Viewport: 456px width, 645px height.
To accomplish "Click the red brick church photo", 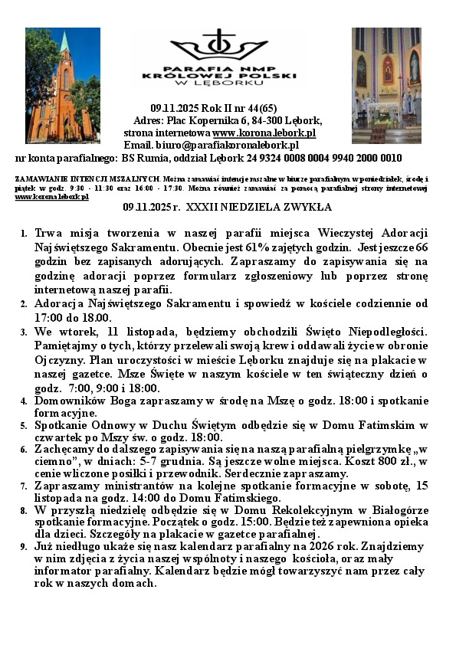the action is pos(63,84).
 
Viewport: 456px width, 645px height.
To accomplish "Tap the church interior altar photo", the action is pos(386,84).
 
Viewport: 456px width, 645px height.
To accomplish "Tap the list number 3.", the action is pos(23,332).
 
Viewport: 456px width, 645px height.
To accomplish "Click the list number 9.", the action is pos(23,547).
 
